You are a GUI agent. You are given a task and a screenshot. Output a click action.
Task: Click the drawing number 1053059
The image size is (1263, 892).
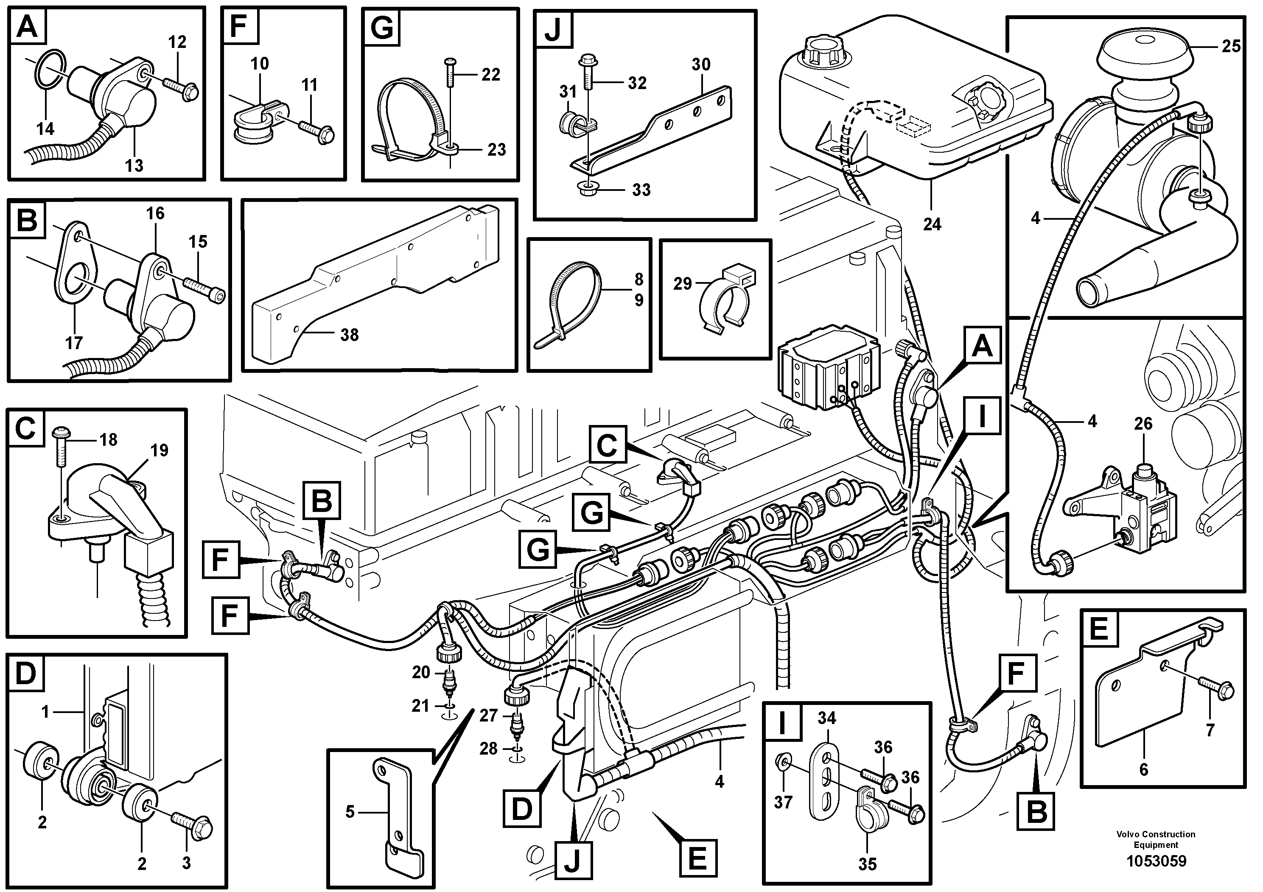(x=1156, y=861)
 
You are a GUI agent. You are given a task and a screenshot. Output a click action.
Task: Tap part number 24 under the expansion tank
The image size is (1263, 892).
(x=932, y=224)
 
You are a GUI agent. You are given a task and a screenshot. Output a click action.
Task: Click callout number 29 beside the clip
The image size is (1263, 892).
(x=682, y=284)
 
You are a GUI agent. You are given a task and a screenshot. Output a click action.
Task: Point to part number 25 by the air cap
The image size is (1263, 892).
(x=1231, y=46)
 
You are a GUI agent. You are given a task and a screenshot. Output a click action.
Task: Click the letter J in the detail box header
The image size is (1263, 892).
(x=552, y=30)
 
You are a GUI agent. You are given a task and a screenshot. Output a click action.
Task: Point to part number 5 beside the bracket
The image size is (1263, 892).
(x=350, y=812)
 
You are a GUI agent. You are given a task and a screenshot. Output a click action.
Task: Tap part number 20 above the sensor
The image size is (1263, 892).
(x=421, y=672)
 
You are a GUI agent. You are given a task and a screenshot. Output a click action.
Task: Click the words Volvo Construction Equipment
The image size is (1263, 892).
(x=1156, y=839)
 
